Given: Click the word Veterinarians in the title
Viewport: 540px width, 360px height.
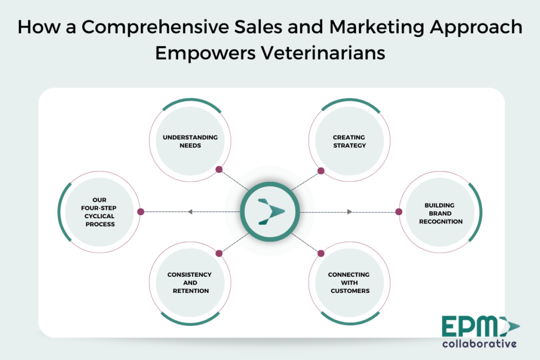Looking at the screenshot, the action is pyautogui.click(x=323, y=53).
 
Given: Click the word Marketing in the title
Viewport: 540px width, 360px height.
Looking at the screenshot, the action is pyautogui.click(x=377, y=27).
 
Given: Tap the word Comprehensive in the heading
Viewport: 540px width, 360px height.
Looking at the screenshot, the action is pyautogui.click(x=155, y=27).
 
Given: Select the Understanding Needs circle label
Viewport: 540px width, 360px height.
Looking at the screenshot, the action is pyautogui.click(x=190, y=141).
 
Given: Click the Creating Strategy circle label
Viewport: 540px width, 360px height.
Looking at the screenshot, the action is pyautogui.click(x=349, y=141).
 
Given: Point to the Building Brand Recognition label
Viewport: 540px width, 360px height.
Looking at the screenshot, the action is pyautogui.click(x=440, y=213).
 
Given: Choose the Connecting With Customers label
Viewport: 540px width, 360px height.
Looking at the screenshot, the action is pyautogui.click(x=349, y=283).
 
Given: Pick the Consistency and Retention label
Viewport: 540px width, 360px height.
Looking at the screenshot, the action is pyautogui.click(x=190, y=283).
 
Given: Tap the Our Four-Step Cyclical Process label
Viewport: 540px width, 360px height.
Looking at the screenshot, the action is pyautogui.click(x=99, y=212).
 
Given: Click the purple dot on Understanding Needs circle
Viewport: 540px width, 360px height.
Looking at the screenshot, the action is pyautogui.click(x=219, y=169).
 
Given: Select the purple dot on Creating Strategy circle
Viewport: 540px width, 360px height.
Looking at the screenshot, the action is pyautogui.click(x=321, y=171).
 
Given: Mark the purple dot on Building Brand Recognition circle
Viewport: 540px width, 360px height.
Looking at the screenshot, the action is pyautogui.click(x=399, y=212).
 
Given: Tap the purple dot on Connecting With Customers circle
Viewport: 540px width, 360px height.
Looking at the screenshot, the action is pyautogui.click(x=321, y=254).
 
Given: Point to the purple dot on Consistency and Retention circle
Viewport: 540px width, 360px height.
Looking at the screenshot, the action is pyautogui.click(x=219, y=254).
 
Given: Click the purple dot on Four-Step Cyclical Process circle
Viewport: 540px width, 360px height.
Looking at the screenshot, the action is pyautogui.click(x=140, y=212).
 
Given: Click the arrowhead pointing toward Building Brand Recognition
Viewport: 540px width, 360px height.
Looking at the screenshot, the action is pyautogui.click(x=350, y=212).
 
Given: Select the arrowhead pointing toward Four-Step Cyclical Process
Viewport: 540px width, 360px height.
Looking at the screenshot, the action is pyautogui.click(x=190, y=212).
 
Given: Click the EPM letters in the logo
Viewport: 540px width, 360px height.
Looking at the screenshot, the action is pyautogui.click(x=470, y=326).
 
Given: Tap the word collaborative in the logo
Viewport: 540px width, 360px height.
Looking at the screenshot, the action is pyautogui.click(x=479, y=344).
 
